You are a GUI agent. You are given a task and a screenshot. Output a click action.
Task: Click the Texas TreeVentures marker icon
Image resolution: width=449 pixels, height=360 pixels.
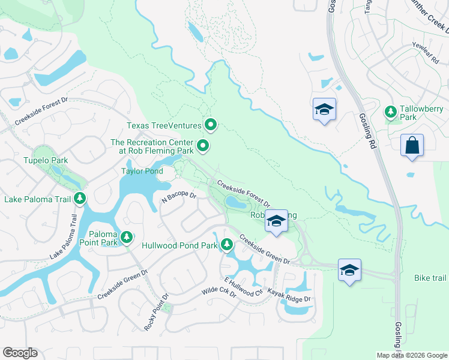coord(211,125)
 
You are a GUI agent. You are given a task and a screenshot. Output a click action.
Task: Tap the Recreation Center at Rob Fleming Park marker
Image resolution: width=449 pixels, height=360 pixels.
coord(203,145)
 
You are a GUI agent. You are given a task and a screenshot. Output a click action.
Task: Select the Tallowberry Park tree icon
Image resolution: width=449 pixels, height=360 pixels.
coord(391,112)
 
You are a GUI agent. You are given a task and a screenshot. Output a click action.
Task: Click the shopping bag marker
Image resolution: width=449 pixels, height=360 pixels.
coord(412,146)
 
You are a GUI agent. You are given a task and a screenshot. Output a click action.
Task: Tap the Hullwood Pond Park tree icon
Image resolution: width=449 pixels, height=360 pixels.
coord(226,244)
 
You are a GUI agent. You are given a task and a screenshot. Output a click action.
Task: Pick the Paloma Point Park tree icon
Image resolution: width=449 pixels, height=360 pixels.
coord(127,238)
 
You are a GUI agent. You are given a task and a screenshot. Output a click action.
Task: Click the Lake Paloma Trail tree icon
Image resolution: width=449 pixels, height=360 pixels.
coord(80,198)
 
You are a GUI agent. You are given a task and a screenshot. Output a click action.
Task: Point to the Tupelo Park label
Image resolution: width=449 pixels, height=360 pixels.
coord(46,160)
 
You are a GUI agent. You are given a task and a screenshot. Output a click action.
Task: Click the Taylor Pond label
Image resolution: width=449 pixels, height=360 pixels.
coord(143,170)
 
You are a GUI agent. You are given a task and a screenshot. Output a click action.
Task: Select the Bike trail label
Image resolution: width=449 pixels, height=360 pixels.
coord(430,278)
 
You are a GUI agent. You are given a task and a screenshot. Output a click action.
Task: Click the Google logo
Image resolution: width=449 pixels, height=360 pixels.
coord(20,353)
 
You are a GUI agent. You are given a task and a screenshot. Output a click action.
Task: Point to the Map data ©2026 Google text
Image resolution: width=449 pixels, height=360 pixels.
coord(411,355)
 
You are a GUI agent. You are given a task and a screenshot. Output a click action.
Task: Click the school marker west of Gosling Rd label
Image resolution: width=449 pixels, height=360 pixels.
coord(324,110)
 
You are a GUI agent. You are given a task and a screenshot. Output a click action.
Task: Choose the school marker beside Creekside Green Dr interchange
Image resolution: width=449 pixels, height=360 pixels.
coord(349,269)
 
